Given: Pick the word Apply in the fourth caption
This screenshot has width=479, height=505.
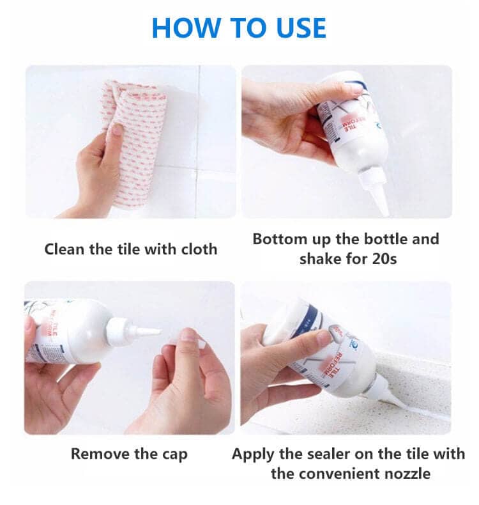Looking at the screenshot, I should tap(252, 454).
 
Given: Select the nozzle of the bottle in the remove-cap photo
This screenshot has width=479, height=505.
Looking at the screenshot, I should tap(144, 332).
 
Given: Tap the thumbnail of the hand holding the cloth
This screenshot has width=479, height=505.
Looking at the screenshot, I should tap(118, 129).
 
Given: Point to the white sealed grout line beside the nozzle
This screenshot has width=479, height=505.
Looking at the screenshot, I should tap(422, 416).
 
